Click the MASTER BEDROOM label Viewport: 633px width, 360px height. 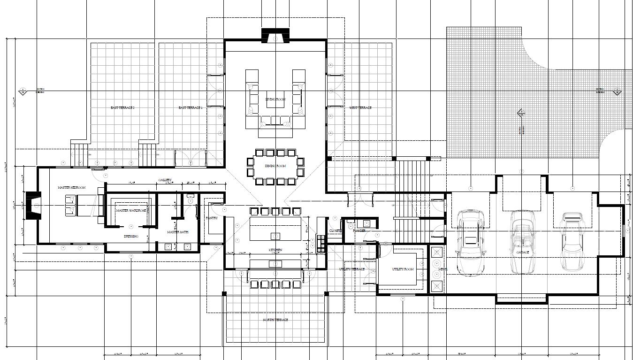[x=71, y=188]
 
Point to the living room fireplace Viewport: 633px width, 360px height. [x=275, y=36]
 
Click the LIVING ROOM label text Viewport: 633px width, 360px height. [x=275, y=100]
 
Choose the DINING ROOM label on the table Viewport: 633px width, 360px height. [x=275, y=166]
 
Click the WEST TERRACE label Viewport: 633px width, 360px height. [x=360, y=108]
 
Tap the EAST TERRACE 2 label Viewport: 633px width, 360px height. [x=122, y=108]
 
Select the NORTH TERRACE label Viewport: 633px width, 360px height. [x=275, y=320]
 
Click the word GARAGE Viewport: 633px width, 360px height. [x=522, y=253]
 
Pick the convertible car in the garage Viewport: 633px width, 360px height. [x=522, y=242]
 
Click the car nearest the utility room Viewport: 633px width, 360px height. [x=470, y=242]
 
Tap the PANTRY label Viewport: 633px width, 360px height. [x=212, y=218]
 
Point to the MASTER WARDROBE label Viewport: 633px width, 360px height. [x=131, y=211]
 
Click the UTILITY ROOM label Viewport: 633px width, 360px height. [x=403, y=269]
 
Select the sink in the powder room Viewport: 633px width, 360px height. [x=366, y=223]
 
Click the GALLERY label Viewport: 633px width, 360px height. [x=165, y=180]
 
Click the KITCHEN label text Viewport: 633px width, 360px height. [x=275, y=250]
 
